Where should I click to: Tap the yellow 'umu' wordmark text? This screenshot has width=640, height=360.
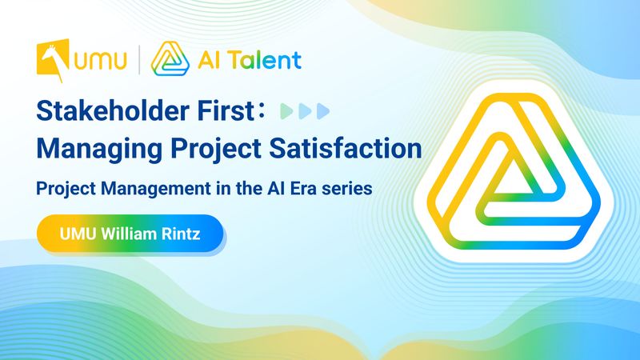tap(100, 61)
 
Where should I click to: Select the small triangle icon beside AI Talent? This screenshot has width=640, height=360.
tap(170, 58)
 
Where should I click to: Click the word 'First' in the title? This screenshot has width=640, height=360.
tap(226, 110)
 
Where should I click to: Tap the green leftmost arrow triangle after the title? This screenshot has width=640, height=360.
tap(286, 111)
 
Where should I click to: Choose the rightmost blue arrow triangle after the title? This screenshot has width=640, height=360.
tap(323, 111)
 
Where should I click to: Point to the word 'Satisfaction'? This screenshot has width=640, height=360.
tap(346, 148)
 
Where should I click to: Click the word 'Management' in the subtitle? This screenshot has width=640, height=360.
tap(156, 189)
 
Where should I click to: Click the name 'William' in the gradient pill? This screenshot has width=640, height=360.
tap(129, 234)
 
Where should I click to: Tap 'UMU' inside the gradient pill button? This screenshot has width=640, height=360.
tap(78, 234)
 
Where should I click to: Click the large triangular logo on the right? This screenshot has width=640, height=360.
tap(514, 171)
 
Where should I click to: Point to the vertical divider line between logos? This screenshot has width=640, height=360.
tap(138, 60)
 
